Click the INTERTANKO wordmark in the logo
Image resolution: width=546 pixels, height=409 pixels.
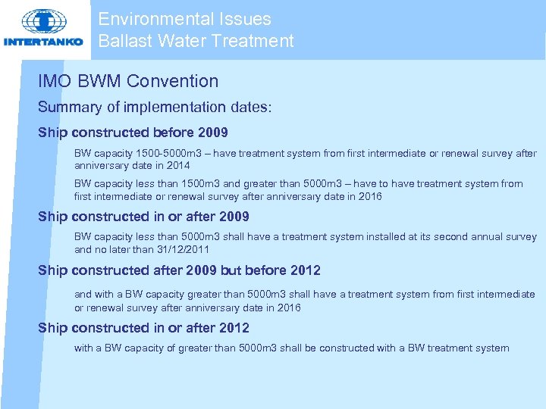[44, 42]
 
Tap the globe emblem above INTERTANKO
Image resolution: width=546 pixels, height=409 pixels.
[43, 21]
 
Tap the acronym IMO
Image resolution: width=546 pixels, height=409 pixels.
[55, 81]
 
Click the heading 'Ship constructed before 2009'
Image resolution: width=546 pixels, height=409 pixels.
[133, 133]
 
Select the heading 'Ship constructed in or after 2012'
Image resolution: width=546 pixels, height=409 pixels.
[143, 327]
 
